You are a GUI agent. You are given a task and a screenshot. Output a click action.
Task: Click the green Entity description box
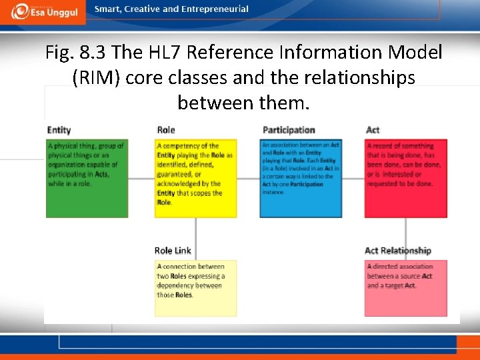[x=87, y=178]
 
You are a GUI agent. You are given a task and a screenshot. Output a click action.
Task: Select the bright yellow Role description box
[x=195, y=178]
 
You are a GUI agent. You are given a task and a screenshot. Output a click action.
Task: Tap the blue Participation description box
[x=300, y=178]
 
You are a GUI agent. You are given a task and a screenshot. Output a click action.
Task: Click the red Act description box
[x=405, y=178]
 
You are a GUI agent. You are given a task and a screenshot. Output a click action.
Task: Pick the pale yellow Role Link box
[x=195, y=287]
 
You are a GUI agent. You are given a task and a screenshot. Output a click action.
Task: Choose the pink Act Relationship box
[x=405, y=287]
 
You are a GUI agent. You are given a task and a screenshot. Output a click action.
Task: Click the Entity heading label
[x=59, y=130]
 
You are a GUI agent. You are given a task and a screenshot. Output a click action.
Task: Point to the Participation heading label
[x=289, y=130]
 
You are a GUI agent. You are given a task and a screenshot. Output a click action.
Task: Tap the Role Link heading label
[x=173, y=251]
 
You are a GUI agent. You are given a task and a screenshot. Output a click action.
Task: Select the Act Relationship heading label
[x=398, y=251]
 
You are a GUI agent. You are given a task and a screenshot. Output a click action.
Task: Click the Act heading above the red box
[x=373, y=130]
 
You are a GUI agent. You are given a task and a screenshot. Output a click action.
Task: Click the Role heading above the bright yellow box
[x=166, y=130]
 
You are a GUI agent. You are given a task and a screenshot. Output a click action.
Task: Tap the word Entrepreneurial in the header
[x=215, y=9]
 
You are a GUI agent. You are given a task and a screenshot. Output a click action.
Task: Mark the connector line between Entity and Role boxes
[x=141, y=178]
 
